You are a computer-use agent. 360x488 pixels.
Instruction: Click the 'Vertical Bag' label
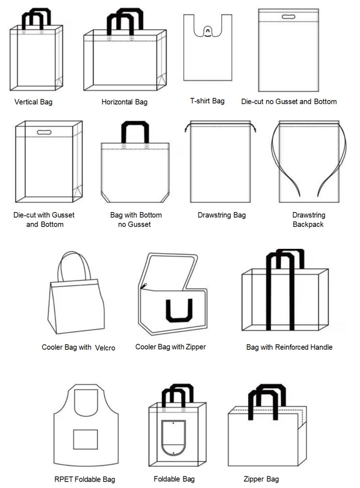(x=33, y=102)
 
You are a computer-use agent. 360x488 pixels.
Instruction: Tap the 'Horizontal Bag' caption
(x=125, y=102)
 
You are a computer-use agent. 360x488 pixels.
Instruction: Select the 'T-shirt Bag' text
(x=207, y=101)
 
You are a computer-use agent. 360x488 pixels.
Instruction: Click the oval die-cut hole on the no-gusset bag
(x=288, y=17)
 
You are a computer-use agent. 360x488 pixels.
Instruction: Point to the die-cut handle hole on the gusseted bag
(x=44, y=132)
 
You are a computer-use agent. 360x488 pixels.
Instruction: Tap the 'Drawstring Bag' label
(x=221, y=215)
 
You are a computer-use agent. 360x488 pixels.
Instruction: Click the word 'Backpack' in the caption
(x=308, y=224)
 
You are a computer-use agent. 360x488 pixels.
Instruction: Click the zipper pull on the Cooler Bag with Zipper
(x=144, y=286)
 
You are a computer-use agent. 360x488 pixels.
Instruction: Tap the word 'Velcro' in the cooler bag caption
(x=105, y=348)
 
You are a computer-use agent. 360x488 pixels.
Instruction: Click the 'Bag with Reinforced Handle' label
(x=289, y=348)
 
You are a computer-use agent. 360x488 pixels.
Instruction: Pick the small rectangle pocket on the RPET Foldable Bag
(x=85, y=439)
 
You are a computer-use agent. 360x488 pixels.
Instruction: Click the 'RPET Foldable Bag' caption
(x=85, y=479)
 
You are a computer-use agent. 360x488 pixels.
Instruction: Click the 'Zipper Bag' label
(x=261, y=479)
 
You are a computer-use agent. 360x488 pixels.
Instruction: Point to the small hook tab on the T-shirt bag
(x=207, y=31)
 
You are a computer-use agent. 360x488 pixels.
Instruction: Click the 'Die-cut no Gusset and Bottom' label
(x=289, y=101)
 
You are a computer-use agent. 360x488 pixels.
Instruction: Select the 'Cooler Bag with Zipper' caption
(x=171, y=347)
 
